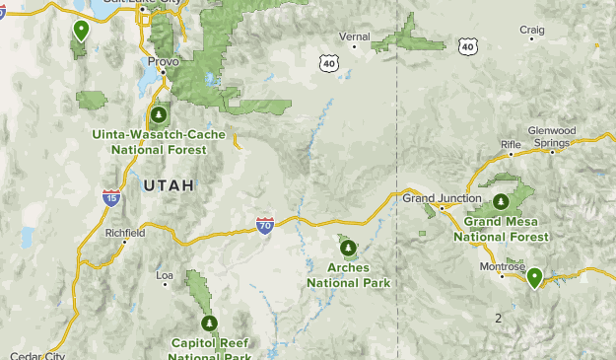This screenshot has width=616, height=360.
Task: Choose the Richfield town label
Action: pyautogui.click(x=125, y=233)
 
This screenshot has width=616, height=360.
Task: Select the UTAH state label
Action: pyautogui.click(x=169, y=184)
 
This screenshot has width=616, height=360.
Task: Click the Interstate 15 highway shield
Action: pyautogui.click(x=112, y=198)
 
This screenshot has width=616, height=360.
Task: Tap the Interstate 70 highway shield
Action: pyautogui.click(x=265, y=226)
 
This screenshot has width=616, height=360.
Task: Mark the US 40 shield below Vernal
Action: pyautogui.click(x=328, y=62)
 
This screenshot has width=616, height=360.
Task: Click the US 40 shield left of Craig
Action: pyautogui.click(x=467, y=45)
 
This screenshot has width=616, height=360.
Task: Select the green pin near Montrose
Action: pyautogui.click(x=534, y=277)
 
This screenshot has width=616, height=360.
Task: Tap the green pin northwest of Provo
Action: pyautogui.click(x=80, y=30)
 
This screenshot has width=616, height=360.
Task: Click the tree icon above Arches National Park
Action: pyautogui.click(x=348, y=249)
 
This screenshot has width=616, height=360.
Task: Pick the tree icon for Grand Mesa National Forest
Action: pyautogui.click(x=501, y=202)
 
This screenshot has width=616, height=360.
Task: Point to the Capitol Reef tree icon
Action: pyautogui.click(x=208, y=323)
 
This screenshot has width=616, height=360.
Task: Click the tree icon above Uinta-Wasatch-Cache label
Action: pyautogui.click(x=158, y=115)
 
